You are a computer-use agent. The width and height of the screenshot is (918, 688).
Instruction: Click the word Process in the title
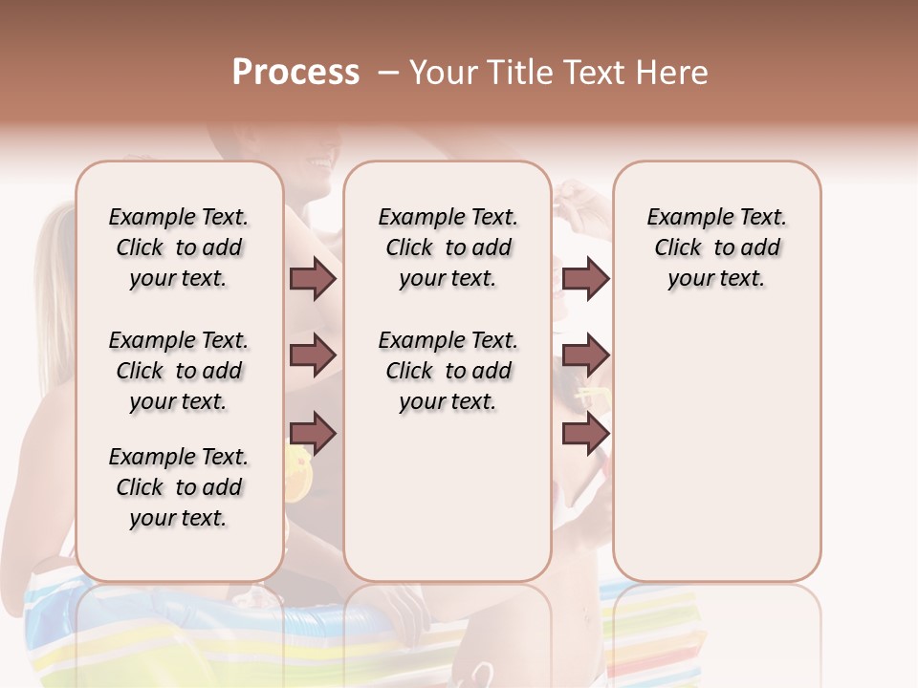pos(295,73)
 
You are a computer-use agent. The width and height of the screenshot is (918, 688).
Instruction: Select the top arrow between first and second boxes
pos(313,278)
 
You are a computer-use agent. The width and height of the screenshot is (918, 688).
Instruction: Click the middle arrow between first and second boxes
pos(313,355)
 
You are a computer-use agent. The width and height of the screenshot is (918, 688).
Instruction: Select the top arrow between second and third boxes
pos(585,278)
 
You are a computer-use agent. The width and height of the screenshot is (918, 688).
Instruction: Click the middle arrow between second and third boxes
pos(585,355)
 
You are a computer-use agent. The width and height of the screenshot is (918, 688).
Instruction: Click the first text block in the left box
pos(179,247)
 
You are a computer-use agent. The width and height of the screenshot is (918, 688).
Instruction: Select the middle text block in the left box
pos(179,371)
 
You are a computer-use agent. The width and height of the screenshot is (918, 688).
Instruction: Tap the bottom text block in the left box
pos(179,487)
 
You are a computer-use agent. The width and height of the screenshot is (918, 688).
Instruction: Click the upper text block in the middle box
pos(448,247)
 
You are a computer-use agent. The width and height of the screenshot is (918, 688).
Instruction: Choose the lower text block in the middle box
pos(448,371)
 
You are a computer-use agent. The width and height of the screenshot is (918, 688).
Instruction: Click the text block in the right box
pos(716,247)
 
